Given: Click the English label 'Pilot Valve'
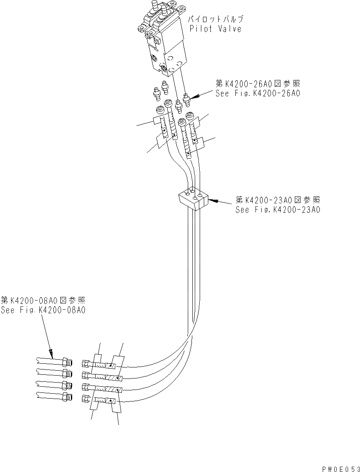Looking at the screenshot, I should pos(216,29).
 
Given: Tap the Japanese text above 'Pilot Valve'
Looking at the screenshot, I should pos(216,19).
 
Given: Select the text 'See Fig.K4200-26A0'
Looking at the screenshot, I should pos(258,93).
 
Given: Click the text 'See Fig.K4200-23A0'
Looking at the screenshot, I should pos(278,210).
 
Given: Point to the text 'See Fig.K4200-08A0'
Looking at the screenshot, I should pos(43,310).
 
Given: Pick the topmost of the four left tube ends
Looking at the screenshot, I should pos(54,362).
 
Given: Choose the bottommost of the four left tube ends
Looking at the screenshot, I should pos(54,396).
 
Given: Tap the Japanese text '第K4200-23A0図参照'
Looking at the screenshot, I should pos(278,200).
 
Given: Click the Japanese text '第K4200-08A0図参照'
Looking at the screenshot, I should pos(43,301).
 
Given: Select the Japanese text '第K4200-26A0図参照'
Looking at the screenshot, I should pos(258,84).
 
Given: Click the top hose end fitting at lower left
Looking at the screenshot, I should pos(86,363).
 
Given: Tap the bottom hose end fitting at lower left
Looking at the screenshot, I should pos(86,397).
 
